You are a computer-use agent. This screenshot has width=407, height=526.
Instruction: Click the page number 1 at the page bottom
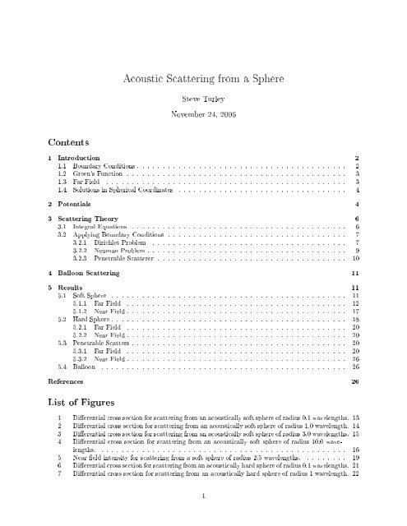(x=203, y=495)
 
